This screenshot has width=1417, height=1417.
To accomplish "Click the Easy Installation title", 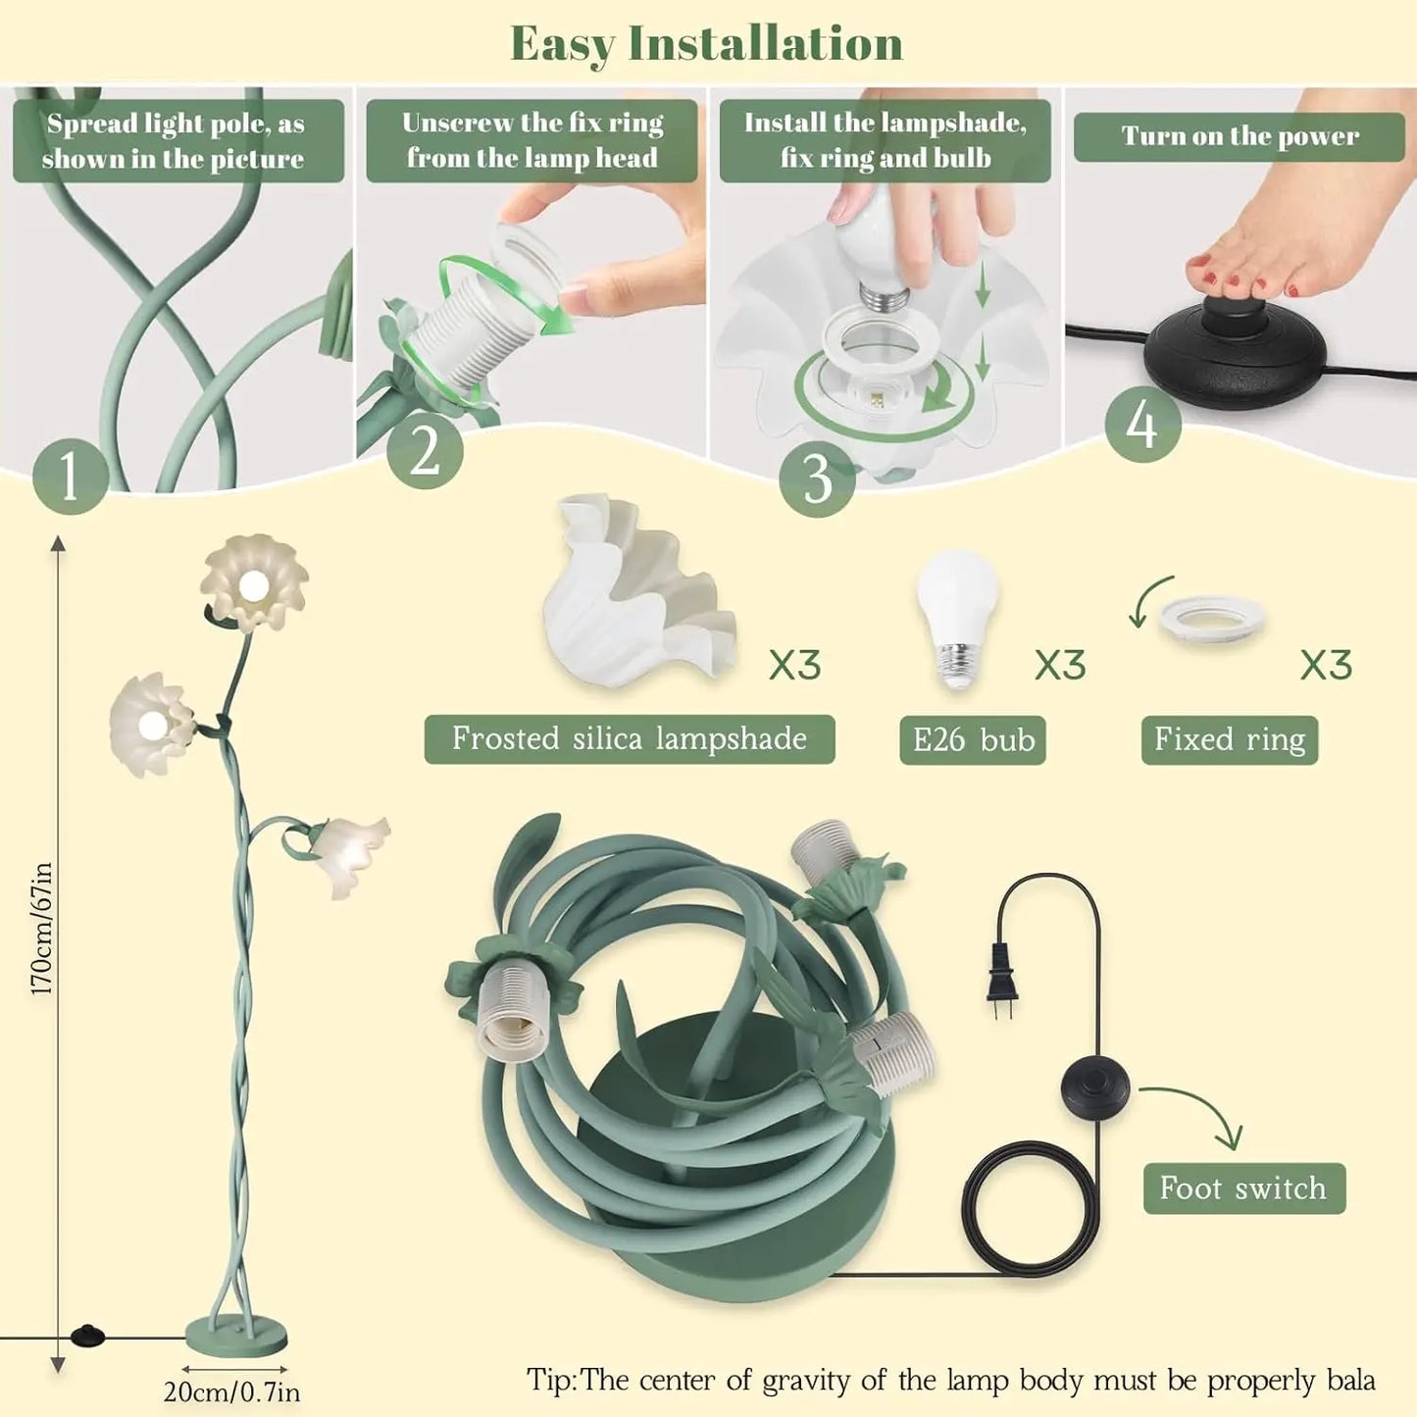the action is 706,44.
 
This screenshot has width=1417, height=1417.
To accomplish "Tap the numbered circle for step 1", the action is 71,476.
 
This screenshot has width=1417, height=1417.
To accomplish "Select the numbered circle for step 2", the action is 425,451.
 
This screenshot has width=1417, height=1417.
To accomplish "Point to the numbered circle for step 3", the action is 817,480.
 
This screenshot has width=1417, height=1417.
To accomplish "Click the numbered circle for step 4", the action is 1142,425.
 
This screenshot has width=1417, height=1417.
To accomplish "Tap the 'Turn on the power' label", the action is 1240,136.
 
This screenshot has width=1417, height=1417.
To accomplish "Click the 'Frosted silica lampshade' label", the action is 630,738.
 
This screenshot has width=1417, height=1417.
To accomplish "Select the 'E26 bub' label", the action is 972,739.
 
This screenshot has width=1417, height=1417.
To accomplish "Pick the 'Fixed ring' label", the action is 1230,739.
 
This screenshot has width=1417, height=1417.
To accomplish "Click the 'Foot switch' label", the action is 1244,1189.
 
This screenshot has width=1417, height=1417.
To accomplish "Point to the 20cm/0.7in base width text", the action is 231,1392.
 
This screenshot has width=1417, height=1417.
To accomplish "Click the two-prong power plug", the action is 1002,978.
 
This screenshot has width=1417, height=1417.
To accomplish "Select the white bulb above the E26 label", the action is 957,619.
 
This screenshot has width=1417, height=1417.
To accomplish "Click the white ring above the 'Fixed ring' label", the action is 1212,616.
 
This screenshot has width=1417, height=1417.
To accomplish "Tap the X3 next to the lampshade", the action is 795,665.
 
